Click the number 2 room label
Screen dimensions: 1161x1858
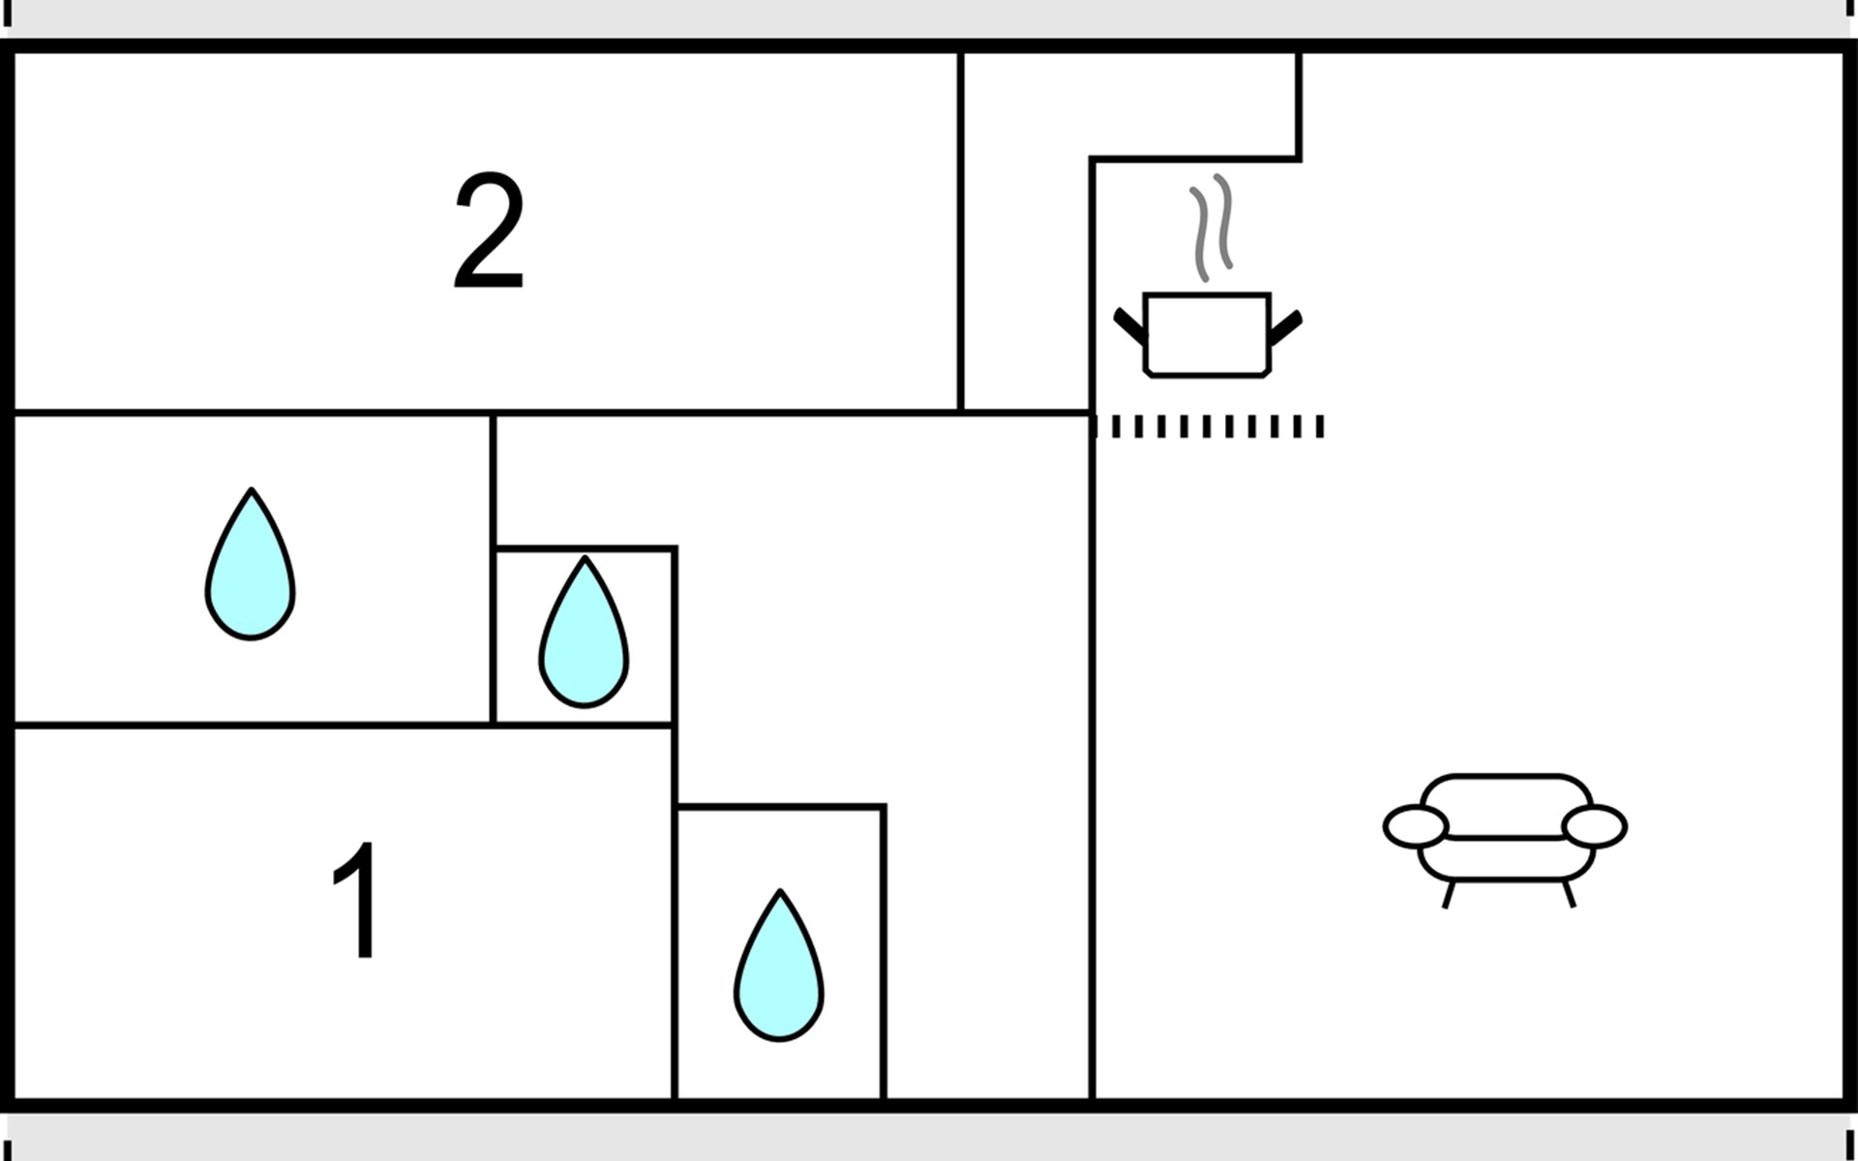click(x=489, y=232)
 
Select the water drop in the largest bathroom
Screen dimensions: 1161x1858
click(x=250, y=566)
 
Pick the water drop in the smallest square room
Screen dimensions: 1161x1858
click(x=584, y=634)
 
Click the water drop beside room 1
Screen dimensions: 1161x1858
click(x=779, y=967)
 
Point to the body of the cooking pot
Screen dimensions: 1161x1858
click(x=1206, y=334)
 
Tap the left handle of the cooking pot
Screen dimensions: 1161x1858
click(x=1129, y=326)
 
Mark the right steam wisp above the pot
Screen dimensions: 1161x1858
click(x=1224, y=221)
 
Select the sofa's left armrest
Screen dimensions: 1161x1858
click(x=1416, y=826)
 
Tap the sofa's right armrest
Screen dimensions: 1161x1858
click(x=1595, y=826)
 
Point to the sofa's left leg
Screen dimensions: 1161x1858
click(x=1448, y=894)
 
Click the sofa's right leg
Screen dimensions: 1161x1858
click(x=1569, y=894)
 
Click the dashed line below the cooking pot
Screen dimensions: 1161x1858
click(x=1210, y=427)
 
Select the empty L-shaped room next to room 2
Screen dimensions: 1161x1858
click(x=1026, y=242)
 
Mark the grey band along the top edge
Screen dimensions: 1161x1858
click(x=929, y=17)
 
